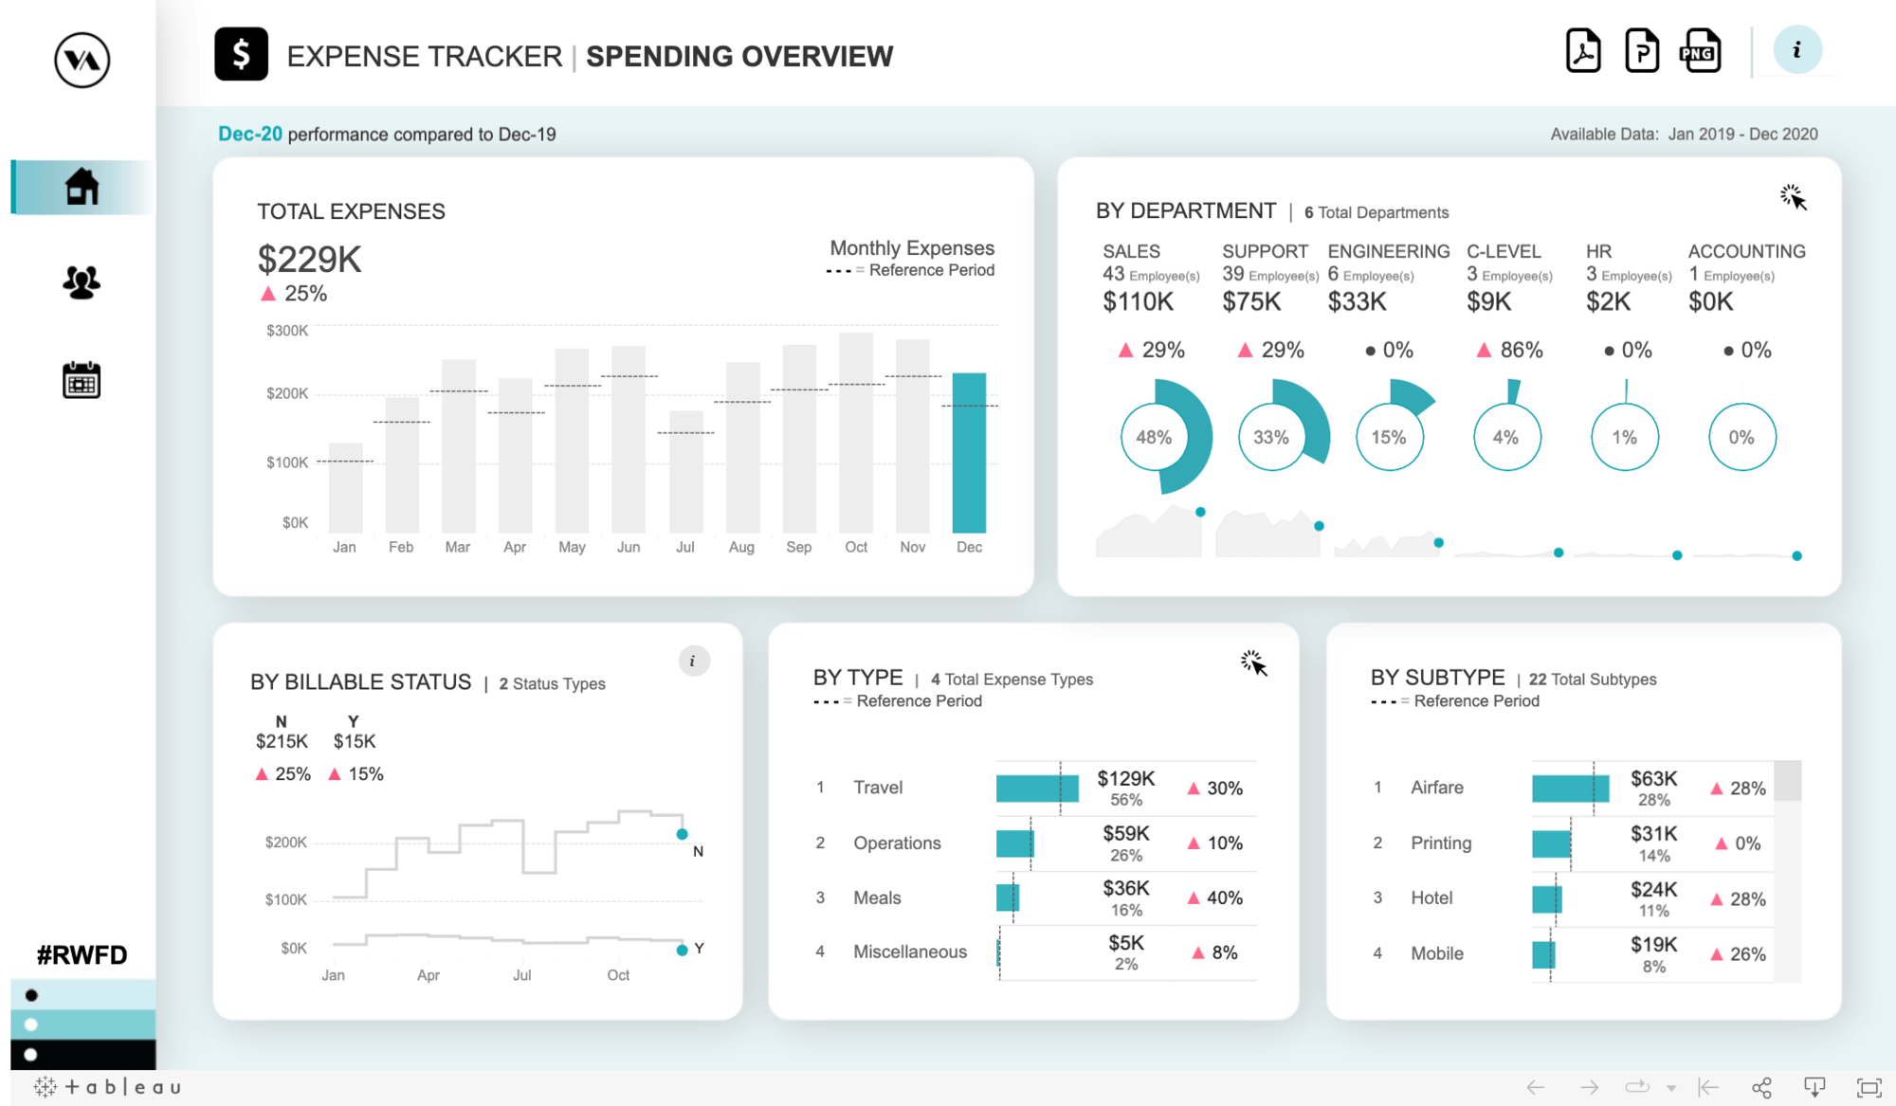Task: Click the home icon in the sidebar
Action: tap(82, 187)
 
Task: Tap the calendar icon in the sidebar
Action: tap(82, 380)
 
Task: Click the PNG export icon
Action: tap(1700, 51)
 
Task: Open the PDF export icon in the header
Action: tap(1583, 51)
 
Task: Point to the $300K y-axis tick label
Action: tap(287, 331)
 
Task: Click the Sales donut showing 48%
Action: tap(1154, 437)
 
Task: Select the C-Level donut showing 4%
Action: tap(1505, 437)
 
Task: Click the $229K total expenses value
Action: tap(309, 260)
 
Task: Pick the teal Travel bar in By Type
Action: tap(1036, 788)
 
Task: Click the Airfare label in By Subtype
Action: tap(1436, 788)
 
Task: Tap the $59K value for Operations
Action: tap(1125, 834)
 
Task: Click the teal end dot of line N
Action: tap(682, 834)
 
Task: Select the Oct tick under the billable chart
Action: tap(618, 975)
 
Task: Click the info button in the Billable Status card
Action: tap(693, 661)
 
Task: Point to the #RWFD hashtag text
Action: tap(82, 954)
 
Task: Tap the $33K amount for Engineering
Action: tap(1357, 302)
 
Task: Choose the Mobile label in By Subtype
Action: tap(1436, 953)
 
